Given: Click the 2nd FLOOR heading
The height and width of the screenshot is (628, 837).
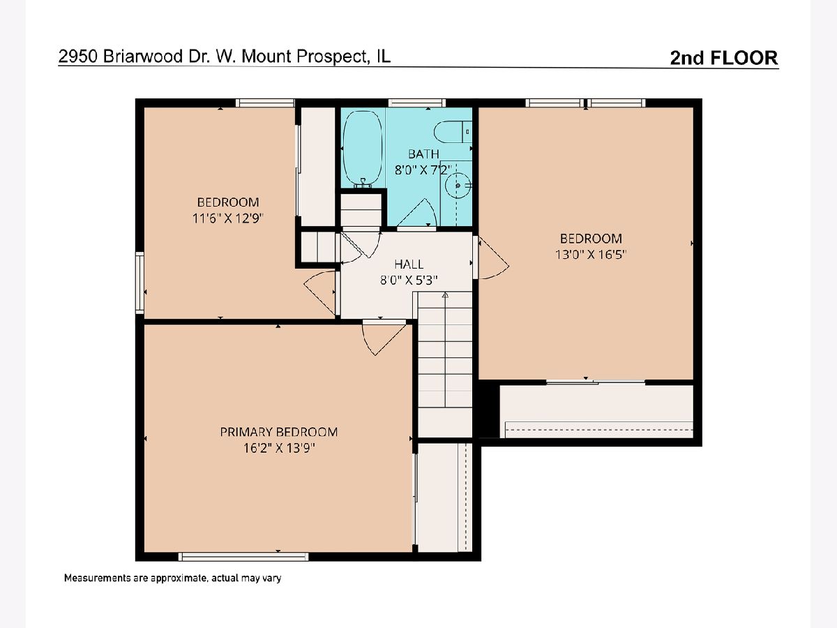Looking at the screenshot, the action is point(724,58).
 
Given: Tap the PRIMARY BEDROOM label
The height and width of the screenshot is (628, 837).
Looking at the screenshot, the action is point(279,432).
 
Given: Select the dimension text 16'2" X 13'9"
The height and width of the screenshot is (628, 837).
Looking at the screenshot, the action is point(279,448).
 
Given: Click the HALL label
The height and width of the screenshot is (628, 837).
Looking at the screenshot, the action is point(409,264).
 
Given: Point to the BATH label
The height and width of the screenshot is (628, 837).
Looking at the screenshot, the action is point(423,154).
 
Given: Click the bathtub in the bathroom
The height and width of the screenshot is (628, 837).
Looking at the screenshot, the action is point(362,149).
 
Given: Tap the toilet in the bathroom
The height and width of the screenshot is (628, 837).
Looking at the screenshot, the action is point(453,132).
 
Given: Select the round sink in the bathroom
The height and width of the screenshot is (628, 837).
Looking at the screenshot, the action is point(458,186).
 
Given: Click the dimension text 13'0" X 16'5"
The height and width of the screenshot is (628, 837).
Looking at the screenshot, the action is point(591,254).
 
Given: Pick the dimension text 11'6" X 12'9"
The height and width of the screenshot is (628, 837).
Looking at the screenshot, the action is point(228,218).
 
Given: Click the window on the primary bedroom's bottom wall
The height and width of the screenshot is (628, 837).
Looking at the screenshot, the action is point(243,557).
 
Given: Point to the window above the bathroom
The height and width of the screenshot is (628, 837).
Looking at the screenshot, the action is point(417,103).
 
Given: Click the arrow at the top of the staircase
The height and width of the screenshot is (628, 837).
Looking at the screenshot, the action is point(445,294).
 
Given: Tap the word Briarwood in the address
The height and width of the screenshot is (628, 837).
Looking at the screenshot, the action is point(143,57).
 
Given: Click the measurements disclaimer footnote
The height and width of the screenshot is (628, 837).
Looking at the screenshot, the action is point(173,578).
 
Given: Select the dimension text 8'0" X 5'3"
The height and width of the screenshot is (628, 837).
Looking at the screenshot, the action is point(409,281).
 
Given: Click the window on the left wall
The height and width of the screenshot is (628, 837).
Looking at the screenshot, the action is point(140,283).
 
